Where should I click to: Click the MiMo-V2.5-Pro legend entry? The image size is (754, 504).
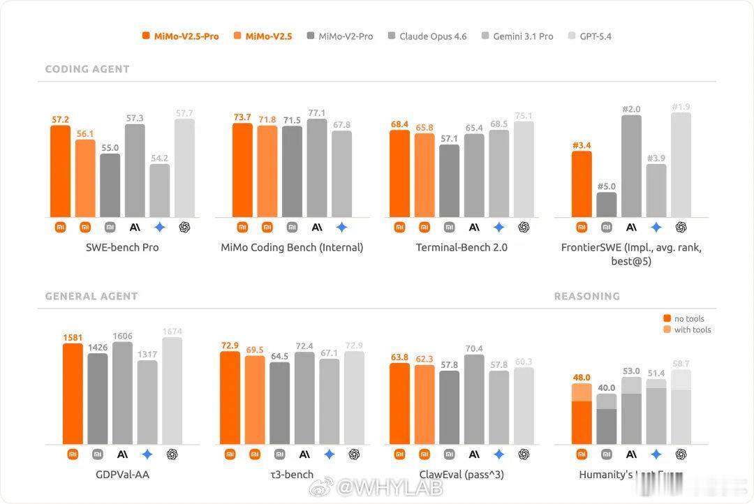tap(180, 36)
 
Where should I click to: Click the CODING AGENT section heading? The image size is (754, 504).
tap(87, 69)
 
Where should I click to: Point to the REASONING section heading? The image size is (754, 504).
tap(586, 296)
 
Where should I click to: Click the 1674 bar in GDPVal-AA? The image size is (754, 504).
tap(172, 391)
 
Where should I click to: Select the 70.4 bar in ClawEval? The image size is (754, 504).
tap(474, 399)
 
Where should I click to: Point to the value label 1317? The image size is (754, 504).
tap(147, 355)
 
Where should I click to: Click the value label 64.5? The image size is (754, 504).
tap(279, 356)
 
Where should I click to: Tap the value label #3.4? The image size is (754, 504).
tap(582, 145)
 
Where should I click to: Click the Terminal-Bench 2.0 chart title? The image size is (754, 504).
tap(461, 247)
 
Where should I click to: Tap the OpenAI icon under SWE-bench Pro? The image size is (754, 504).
tap(184, 227)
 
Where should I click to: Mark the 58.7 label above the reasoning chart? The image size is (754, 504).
tap(681, 364)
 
